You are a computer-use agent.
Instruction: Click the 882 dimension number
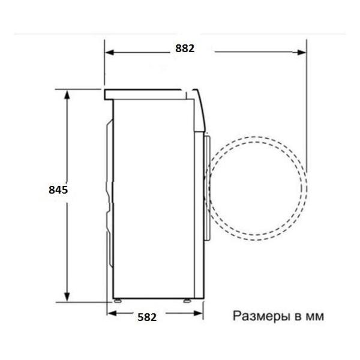point(185,49)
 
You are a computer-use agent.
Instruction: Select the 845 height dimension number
point(58,190)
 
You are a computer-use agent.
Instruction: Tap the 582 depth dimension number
point(147,317)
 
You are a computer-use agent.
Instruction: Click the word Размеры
point(261,317)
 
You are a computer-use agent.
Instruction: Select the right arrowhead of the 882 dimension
point(301,52)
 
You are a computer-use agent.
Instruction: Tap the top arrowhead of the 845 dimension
point(67,95)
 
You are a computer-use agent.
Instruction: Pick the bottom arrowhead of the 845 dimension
point(67,296)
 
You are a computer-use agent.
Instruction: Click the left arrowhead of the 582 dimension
point(112,313)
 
